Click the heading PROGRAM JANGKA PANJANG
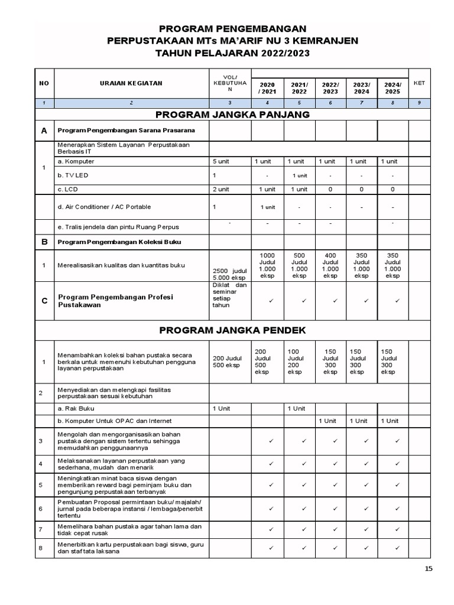click(232, 115)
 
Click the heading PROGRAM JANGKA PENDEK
click(232, 330)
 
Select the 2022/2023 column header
click(330, 88)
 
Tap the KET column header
click(419, 83)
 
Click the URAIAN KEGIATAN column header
click(131, 83)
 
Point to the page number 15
click(429, 568)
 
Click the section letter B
click(44, 242)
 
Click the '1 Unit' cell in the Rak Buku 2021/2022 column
click(299, 408)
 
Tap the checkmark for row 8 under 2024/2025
click(397, 548)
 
